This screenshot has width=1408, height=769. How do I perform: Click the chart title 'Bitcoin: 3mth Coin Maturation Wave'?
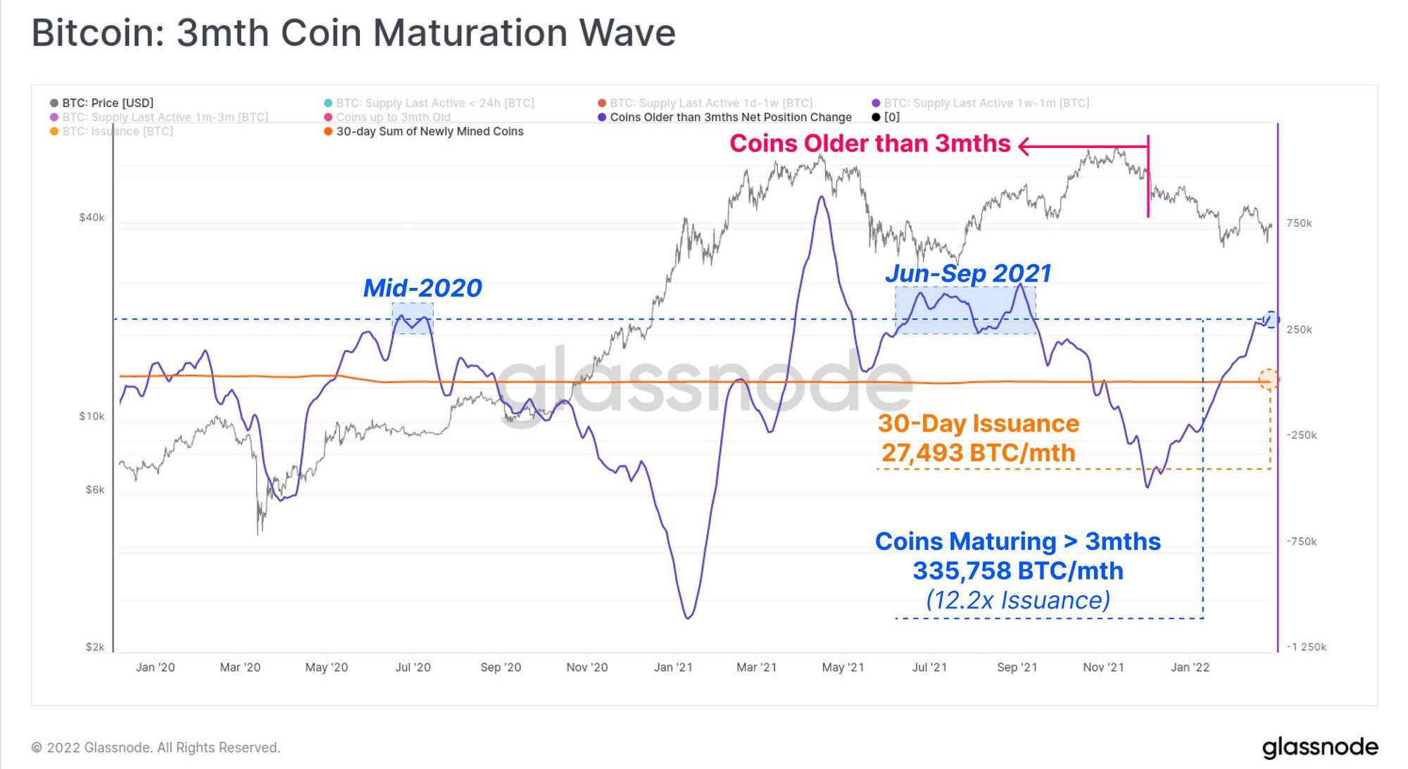[x=353, y=33]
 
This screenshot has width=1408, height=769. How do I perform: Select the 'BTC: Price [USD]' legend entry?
[x=107, y=103]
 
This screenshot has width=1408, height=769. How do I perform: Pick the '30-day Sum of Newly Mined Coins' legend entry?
[x=429, y=132]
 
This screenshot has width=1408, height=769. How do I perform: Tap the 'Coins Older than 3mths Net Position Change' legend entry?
[x=730, y=118]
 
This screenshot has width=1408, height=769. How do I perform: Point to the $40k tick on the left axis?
[x=92, y=218]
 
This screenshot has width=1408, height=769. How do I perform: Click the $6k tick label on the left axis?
[x=94, y=489]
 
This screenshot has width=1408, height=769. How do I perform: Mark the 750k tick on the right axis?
[x=1299, y=223]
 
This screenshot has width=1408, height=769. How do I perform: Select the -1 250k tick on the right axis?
[x=1306, y=647]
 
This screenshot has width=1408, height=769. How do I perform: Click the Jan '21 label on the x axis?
[x=673, y=667]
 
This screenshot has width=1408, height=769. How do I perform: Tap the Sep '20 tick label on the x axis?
[x=501, y=667]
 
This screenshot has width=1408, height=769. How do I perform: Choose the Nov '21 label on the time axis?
[x=1103, y=667]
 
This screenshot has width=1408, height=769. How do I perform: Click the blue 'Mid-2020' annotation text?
[x=422, y=288]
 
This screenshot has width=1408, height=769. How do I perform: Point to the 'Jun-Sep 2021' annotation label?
[x=968, y=273]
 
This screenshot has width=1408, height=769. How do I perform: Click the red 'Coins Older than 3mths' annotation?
[x=869, y=144]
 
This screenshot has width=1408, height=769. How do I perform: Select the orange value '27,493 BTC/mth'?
[x=979, y=453]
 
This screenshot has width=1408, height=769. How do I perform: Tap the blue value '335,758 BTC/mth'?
[x=1018, y=570]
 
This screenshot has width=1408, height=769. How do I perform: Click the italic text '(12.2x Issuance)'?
[x=1018, y=600]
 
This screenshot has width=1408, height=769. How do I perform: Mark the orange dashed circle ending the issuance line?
[x=1269, y=380]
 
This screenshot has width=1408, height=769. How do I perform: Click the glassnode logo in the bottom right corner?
[x=1320, y=747]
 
